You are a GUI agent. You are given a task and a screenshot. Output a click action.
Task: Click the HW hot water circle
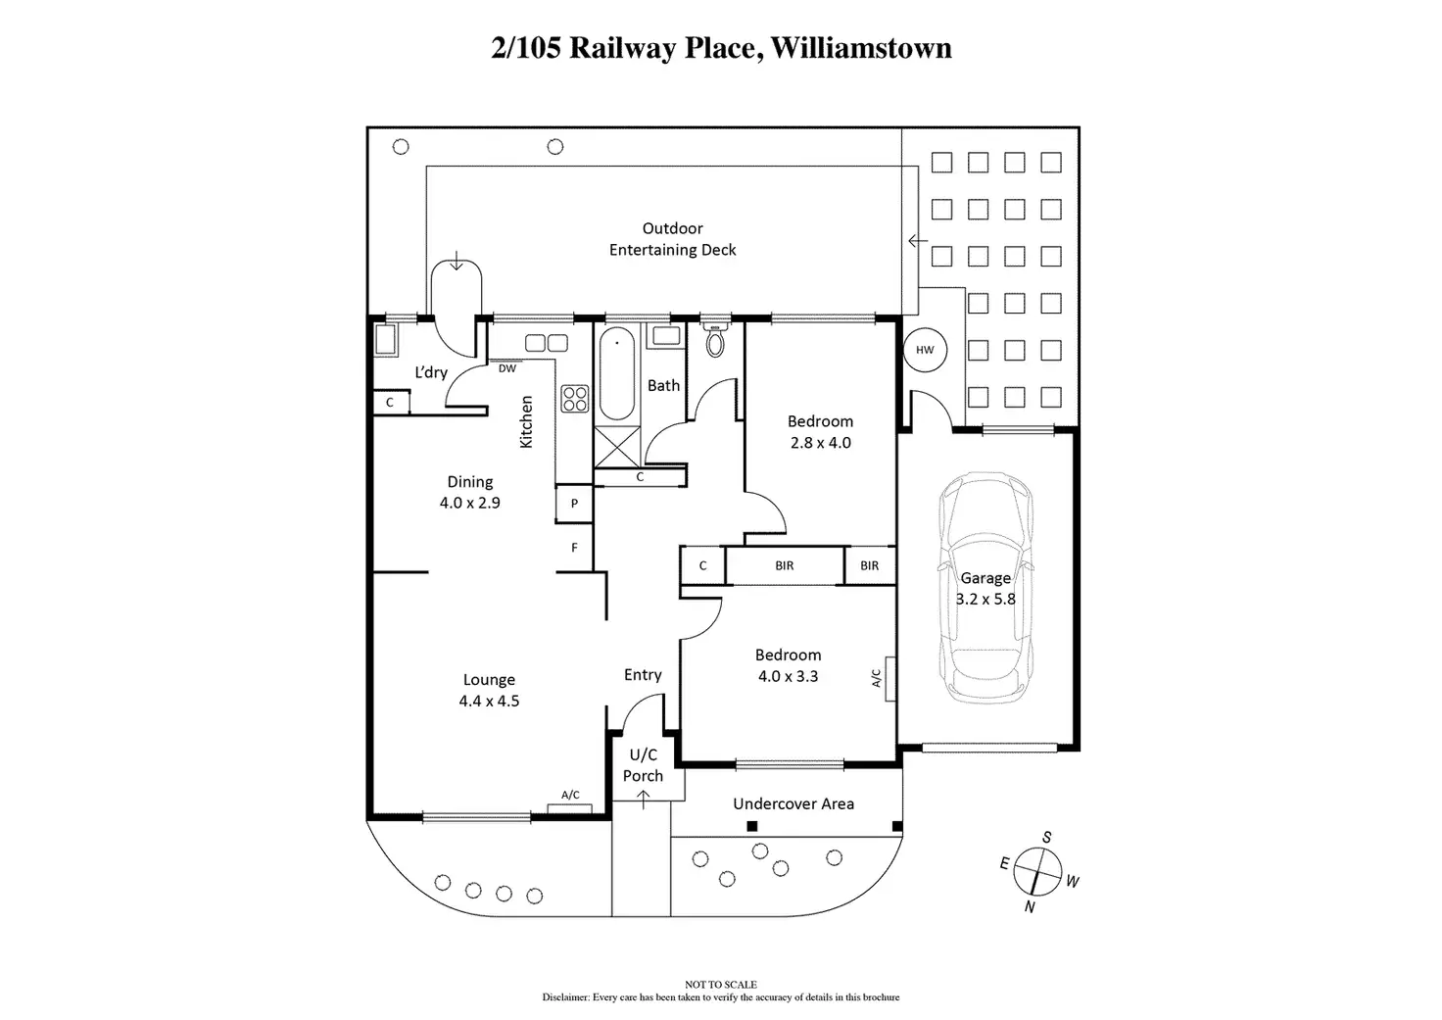pos(925,350)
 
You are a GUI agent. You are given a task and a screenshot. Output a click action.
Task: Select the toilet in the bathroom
pos(716,341)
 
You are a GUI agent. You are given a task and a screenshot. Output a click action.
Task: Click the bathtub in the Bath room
pos(617,374)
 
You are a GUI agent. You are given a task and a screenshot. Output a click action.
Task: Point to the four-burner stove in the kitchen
pos(575,398)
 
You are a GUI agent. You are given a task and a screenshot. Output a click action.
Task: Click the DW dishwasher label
pos(506,368)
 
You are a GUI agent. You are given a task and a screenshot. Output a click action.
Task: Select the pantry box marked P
pos(575,504)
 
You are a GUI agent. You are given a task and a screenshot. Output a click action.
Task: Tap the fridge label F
pos(575,548)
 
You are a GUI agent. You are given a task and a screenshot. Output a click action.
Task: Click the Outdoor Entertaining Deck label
pos(673,239)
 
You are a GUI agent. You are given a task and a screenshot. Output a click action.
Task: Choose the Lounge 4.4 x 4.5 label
pos(489,690)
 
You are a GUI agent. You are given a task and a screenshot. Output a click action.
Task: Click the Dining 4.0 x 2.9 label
pos(470,492)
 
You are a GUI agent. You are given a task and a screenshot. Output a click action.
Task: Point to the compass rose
pos(1038,870)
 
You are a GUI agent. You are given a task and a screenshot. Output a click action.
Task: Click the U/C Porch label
pos(643,765)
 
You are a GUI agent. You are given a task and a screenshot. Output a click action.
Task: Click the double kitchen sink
pos(547,343)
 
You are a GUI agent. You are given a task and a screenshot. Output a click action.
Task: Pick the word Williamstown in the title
pos(861,48)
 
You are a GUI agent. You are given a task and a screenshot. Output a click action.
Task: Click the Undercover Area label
pos(793,803)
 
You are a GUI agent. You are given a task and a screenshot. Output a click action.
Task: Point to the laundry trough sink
pos(385,341)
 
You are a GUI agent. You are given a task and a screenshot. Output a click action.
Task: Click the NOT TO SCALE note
pos(721,985)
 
